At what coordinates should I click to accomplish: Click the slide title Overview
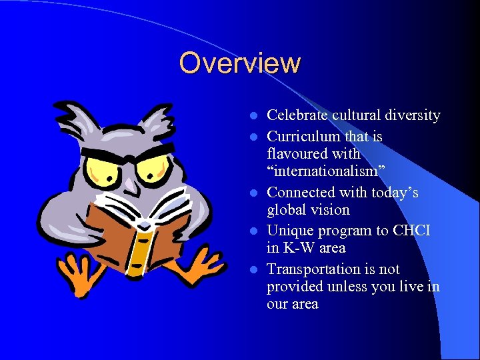(240, 63)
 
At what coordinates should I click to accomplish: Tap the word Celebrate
(295, 115)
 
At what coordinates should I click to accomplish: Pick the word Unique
(288, 231)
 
